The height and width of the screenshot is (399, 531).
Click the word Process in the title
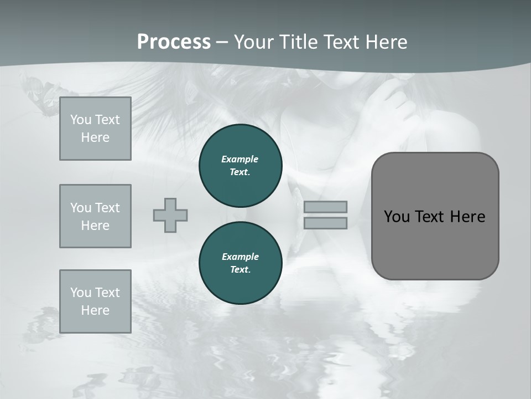click(x=174, y=42)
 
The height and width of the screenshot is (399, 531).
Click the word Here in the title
click(x=386, y=42)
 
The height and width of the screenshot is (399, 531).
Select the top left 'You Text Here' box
click(x=95, y=129)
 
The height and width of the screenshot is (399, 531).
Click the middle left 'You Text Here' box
click(x=95, y=216)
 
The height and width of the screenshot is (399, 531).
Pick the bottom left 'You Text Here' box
click(x=95, y=301)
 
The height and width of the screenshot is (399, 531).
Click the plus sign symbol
click(x=170, y=215)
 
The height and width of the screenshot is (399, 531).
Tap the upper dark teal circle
click(x=241, y=166)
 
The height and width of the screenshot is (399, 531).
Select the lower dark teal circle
click(x=241, y=263)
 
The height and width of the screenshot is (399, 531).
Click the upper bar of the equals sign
click(x=325, y=207)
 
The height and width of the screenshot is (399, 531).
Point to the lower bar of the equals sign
click(x=325, y=223)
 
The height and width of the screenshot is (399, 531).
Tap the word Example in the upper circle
click(x=240, y=159)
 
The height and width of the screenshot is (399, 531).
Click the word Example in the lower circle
click(x=240, y=257)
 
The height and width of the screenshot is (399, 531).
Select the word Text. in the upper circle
click(x=240, y=172)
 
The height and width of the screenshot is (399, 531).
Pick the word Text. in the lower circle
click(x=240, y=270)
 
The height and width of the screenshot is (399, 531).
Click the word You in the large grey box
click(x=397, y=217)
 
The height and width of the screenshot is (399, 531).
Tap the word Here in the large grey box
click(x=468, y=217)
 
